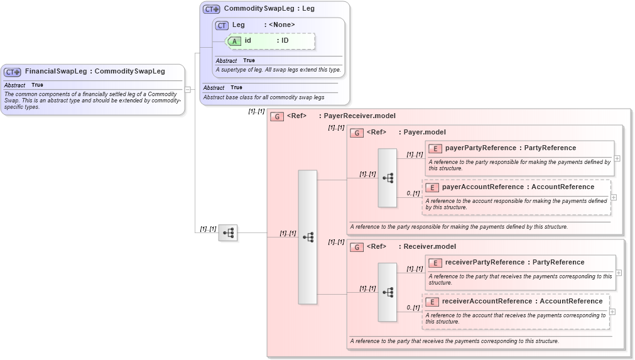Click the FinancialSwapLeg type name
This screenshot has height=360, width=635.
click(56, 72)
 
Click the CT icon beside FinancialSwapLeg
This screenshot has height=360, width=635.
click(13, 72)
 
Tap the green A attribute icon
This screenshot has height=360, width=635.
click(234, 41)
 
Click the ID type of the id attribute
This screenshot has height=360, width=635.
click(285, 41)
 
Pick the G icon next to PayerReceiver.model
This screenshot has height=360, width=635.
click(277, 116)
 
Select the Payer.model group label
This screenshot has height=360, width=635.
click(425, 133)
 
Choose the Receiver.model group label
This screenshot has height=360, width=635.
click(430, 247)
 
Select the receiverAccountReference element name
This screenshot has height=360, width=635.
click(491, 302)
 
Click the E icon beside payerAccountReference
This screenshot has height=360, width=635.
click(431, 187)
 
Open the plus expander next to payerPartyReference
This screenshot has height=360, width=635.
click(617, 158)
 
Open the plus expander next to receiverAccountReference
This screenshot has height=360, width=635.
click(612, 312)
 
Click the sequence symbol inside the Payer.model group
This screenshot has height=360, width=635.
click(388, 178)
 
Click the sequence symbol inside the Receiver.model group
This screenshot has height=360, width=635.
click(388, 292)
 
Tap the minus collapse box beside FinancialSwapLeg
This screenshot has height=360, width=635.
click(187, 90)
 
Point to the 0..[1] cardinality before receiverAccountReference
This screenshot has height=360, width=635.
click(413, 308)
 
